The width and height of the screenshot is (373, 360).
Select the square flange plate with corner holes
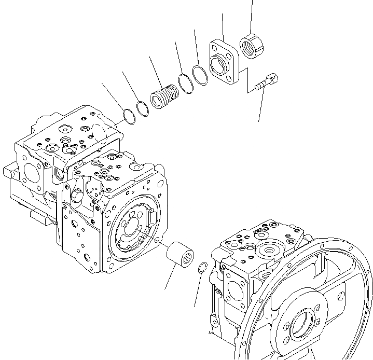[223, 61]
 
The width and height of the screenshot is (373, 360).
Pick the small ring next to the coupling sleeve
[203, 268]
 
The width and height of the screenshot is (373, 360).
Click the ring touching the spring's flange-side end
[185, 84]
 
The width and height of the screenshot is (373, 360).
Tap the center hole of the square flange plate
[220, 64]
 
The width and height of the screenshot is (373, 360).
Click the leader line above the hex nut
[252, 16]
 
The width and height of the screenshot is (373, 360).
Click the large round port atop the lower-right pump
[269, 248]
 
